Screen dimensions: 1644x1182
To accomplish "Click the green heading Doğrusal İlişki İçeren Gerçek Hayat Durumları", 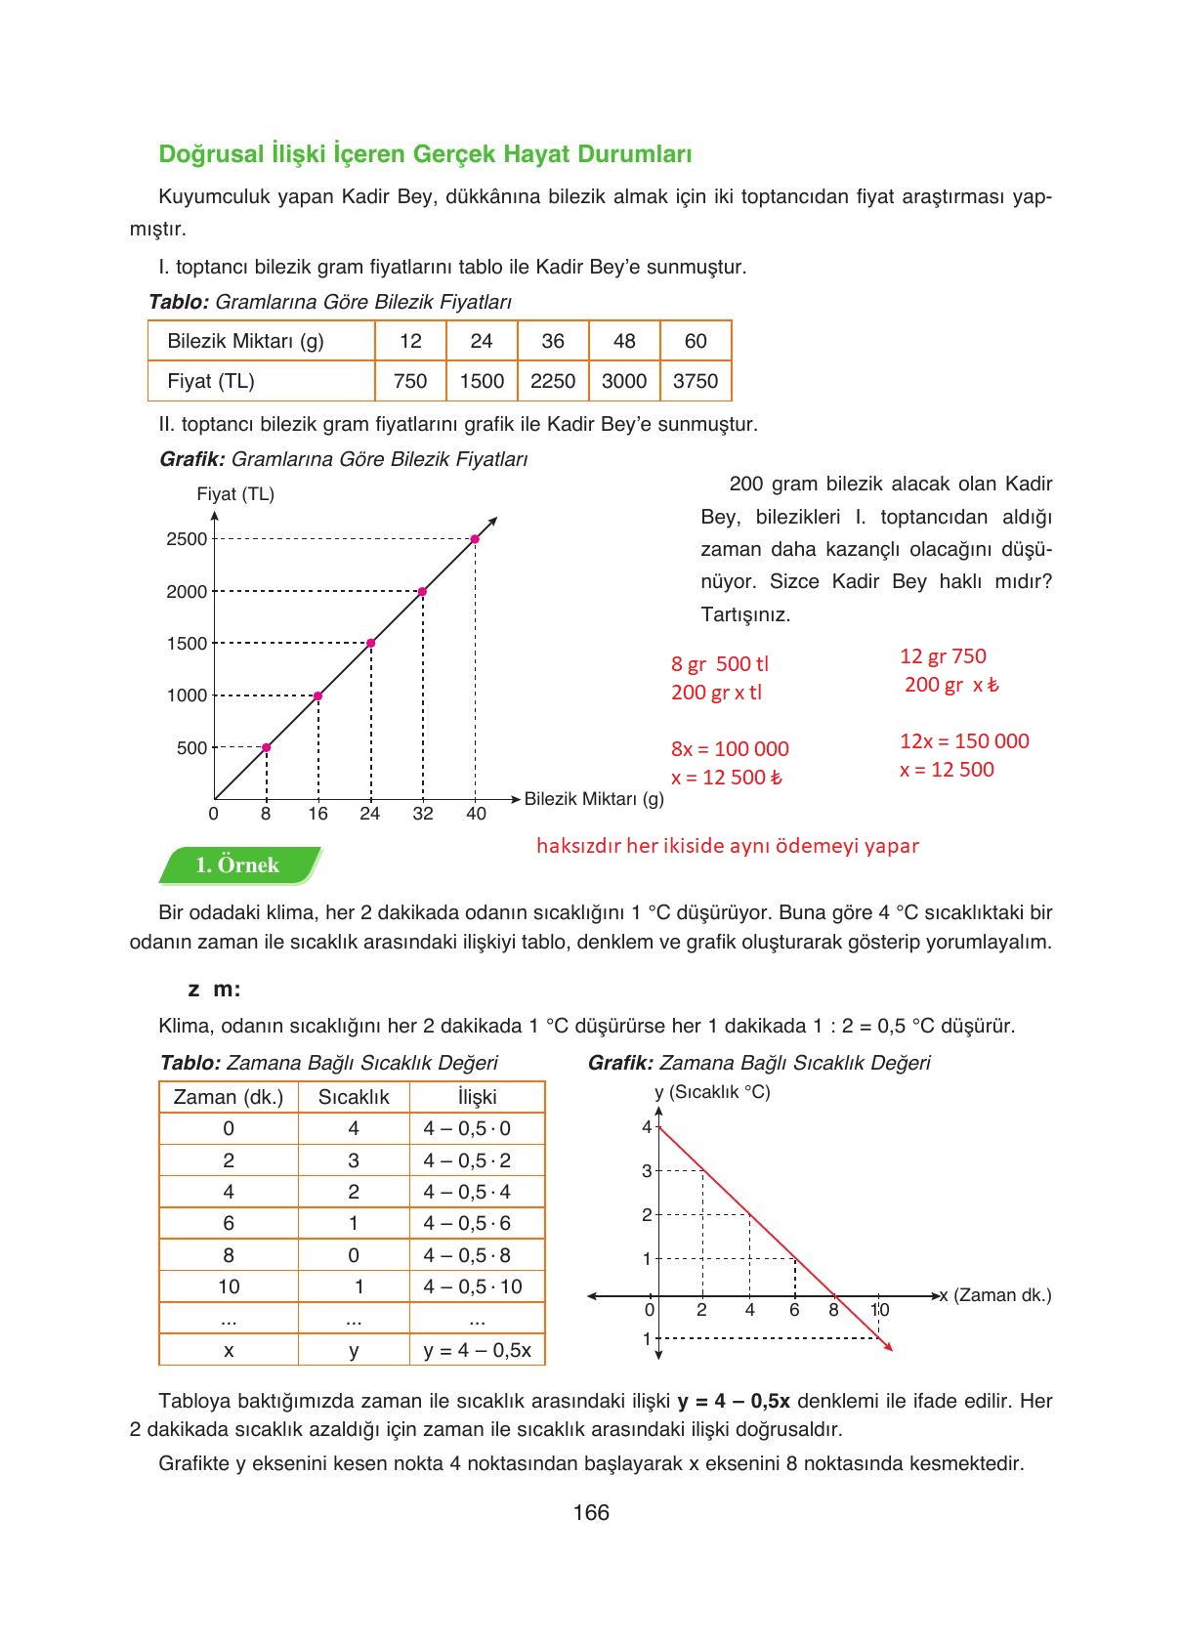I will tap(425, 154).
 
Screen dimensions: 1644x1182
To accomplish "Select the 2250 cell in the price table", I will tap(553, 381).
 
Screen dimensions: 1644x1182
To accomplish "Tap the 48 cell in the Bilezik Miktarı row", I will tap(624, 341).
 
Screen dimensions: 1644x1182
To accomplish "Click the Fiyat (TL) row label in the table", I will tap(211, 381).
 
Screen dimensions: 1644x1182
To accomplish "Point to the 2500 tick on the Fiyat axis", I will tap(187, 539).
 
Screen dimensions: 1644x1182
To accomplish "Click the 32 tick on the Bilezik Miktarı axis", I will tap(422, 814).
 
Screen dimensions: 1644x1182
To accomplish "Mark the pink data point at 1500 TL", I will tap(370, 643).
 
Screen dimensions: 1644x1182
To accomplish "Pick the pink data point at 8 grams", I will tap(267, 747).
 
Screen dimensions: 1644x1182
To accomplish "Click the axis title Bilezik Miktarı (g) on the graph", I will tap(594, 799).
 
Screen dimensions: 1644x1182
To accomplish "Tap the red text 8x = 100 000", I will tap(730, 749).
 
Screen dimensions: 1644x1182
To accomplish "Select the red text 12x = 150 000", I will tap(964, 741).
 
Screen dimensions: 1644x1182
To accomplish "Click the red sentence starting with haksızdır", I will tap(728, 846).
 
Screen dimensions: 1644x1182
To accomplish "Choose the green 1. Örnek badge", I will tap(238, 865).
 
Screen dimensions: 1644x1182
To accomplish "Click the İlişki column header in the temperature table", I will tap(477, 1097).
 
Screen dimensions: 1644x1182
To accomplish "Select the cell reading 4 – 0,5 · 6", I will tap(467, 1223).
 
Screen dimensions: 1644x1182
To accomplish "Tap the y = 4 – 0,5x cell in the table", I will tap(477, 1350).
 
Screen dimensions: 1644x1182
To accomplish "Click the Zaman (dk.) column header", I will tap(228, 1097).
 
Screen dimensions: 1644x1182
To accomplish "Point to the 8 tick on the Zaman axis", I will tap(833, 1310).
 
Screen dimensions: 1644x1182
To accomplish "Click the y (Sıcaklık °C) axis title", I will tap(712, 1092).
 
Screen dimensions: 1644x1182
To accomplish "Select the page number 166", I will tap(591, 1513).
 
